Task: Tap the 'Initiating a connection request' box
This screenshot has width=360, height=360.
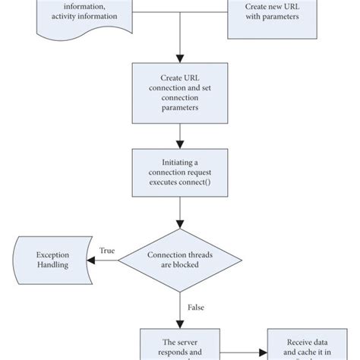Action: [x=179, y=175]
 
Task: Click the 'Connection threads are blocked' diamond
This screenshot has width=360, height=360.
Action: [x=179, y=261]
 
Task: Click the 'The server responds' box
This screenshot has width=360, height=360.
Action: [x=179, y=346]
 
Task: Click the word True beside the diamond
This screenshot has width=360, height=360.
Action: [x=106, y=251]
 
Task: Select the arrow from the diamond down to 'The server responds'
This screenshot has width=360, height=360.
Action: [x=179, y=311]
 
